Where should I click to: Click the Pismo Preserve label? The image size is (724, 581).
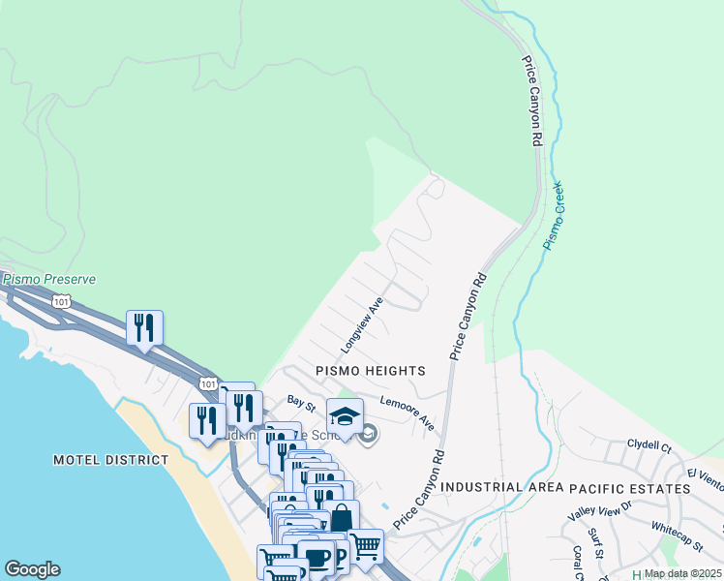(49, 279)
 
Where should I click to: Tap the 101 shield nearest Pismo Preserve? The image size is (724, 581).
(62, 302)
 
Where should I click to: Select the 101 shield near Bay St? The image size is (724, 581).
(208, 384)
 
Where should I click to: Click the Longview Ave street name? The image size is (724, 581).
(362, 324)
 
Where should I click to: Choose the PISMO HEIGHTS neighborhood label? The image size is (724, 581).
(371, 371)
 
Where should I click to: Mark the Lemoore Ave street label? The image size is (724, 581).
(407, 413)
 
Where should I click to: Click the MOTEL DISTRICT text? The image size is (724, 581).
(110, 460)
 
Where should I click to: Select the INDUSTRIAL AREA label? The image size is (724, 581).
(501, 488)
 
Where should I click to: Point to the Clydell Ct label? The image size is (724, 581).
(649, 446)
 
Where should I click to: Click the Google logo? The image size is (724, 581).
(32, 569)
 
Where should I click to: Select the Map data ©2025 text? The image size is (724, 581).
(682, 573)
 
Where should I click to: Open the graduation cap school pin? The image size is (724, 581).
(345, 416)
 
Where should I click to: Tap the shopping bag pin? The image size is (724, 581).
(341, 518)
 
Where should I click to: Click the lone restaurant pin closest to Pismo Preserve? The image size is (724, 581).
(144, 328)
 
